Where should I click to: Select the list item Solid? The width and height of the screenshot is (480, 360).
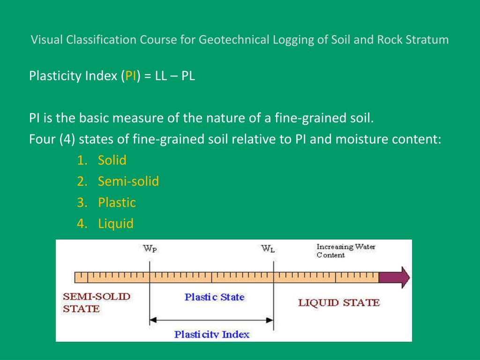click(112, 160)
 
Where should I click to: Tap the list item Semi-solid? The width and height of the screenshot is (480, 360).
click(128, 181)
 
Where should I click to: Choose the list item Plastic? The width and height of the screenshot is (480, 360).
click(117, 202)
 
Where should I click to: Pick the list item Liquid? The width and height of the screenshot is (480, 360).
click(116, 224)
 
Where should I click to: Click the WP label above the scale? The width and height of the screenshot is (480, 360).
click(150, 248)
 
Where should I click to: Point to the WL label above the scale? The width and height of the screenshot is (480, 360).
click(268, 249)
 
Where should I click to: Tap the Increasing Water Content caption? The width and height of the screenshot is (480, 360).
click(346, 251)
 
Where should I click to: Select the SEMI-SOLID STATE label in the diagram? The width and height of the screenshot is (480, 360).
click(97, 302)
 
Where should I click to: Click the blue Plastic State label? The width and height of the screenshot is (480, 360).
click(214, 297)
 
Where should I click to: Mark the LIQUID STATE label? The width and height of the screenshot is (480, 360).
click(338, 302)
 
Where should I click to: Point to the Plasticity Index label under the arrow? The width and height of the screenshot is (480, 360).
click(212, 334)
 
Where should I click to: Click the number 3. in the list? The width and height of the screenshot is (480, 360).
click(83, 202)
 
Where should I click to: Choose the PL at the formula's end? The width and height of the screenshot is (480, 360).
click(188, 76)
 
